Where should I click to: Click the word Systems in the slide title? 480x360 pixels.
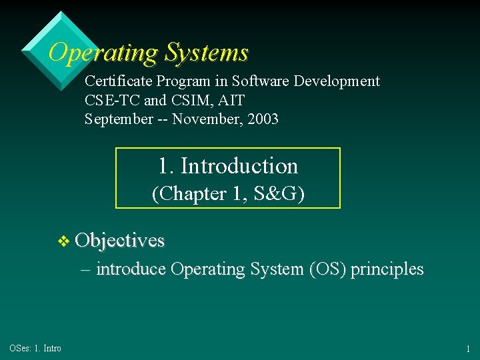[207, 52]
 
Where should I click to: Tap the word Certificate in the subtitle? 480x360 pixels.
[119, 81]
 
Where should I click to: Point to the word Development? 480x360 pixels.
[339, 81]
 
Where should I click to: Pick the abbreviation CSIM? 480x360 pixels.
[193, 101]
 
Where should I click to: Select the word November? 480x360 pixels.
[212, 120]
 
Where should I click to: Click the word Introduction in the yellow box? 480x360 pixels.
[239, 165]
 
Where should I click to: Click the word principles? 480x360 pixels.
[387, 269]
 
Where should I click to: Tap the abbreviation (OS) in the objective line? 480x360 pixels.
[324, 269]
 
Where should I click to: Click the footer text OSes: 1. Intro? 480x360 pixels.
[35, 349]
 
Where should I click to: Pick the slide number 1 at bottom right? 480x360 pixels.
[469, 349]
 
